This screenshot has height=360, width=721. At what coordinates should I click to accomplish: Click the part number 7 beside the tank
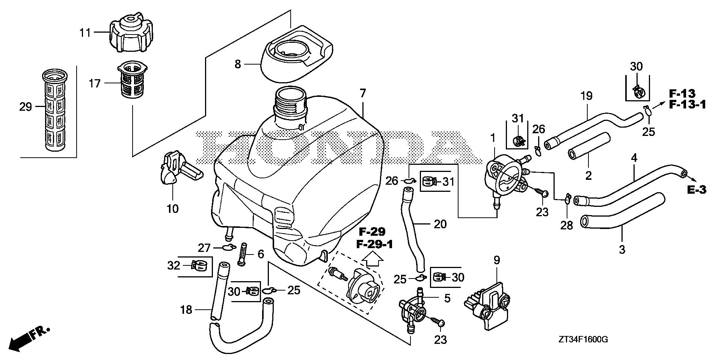click(362, 93)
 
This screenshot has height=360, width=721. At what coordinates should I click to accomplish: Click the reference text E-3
click(697, 190)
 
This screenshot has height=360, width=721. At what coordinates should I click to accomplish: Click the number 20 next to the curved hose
click(440, 224)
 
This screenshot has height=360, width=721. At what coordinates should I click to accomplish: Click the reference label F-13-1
click(687, 105)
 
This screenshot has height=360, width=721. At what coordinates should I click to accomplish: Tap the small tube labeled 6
click(241, 255)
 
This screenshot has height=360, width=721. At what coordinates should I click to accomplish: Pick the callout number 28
click(567, 225)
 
